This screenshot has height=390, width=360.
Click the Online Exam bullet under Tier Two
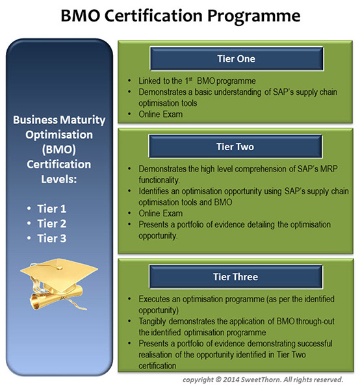[x=159, y=213]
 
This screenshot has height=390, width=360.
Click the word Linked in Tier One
[x=150, y=81]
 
